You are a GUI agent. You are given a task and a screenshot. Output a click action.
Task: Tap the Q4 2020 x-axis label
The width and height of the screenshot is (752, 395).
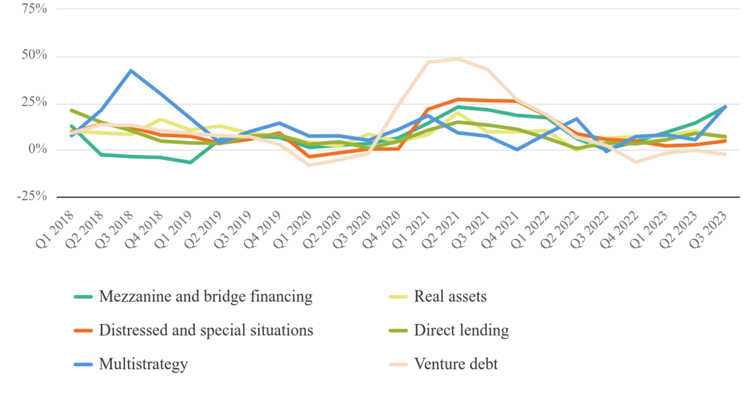click(x=385, y=227)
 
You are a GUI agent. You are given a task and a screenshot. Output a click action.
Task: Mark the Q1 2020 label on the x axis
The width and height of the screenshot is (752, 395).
click(x=296, y=227)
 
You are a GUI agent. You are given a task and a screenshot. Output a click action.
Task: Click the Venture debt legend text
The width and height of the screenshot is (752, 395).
click(x=456, y=364)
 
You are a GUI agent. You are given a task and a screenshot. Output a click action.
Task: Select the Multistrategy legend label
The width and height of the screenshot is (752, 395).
click(x=144, y=364)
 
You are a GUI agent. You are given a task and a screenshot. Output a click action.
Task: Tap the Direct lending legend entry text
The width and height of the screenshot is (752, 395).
click(x=461, y=330)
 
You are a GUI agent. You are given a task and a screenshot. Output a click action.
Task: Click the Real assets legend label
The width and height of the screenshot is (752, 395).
click(x=450, y=297)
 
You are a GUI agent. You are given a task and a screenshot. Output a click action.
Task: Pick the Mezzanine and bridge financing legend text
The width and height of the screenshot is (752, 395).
click(x=206, y=297)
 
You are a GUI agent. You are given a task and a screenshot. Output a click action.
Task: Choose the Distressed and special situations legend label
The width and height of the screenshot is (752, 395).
click(x=206, y=330)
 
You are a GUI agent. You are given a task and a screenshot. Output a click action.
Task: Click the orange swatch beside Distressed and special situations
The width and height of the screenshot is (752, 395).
click(x=83, y=330)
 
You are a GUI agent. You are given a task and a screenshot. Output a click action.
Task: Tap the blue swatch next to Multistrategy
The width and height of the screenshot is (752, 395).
click(x=83, y=364)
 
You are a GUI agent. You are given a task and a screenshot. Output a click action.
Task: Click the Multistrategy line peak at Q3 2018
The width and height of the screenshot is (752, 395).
click(x=130, y=71)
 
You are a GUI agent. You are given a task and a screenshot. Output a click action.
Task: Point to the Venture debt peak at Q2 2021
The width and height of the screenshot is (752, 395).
click(x=457, y=59)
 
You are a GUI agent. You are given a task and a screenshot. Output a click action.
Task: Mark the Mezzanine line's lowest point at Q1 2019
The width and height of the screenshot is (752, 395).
click(x=190, y=162)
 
